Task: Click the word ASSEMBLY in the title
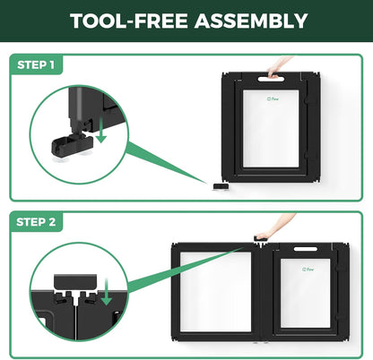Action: pyautogui.click(x=251, y=21)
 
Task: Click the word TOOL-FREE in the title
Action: pyautogui.click(x=129, y=21)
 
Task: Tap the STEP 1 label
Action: pyautogui.click(x=36, y=64)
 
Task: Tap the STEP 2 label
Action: pyautogui.click(x=36, y=222)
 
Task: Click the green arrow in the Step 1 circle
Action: pyautogui.click(x=101, y=130)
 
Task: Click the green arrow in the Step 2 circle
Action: pyautogui.click(x=106, y=292)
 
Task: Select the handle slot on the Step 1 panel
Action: pyautogui.click(x=271, y=79)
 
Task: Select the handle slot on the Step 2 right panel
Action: pyautogui.click(x=305, y=249)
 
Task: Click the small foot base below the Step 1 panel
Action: pyautogui.click(x=221, y=186)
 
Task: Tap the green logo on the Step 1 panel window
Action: pyautogui.click(x=273, y=99)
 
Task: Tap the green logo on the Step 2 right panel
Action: pyautogui.click(x=308, y=270)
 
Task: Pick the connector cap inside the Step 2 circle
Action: pyautogui.click(x=75, y=282)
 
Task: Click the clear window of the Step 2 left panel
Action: pyautogui.click(x=215, y=292)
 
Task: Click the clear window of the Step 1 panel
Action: pyautogui.click(x=271, y=129)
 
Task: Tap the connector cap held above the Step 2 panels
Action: pyautogui.click(x=259, y=238)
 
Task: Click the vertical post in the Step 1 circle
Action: pyautogui.click(x=76, y=109)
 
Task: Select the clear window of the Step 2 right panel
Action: pyautogui.click(x=305, y=293)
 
